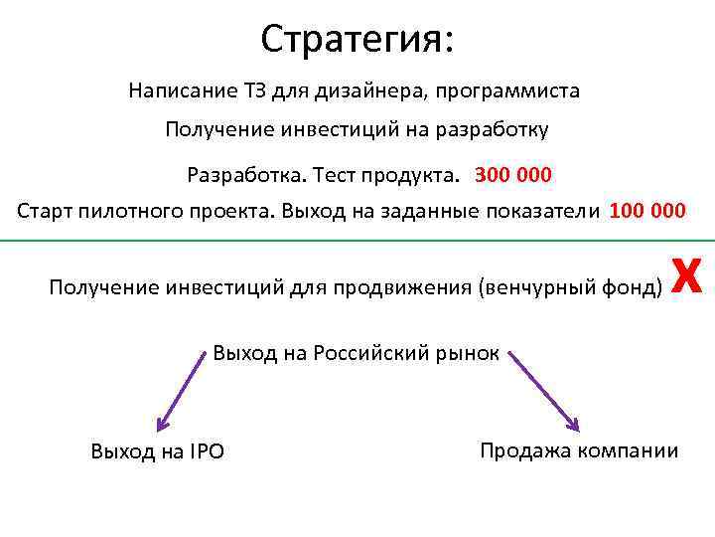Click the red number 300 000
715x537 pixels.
pos(513,176)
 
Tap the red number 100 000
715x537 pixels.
pos(646,211)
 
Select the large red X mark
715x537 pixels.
pos(688,275)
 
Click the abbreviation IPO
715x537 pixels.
pos(206,452)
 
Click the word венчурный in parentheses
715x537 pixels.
pos(530,288)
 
